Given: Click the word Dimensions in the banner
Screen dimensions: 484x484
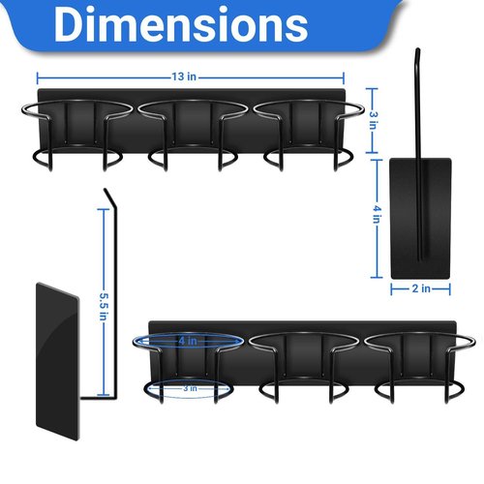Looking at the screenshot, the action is pos(181,25).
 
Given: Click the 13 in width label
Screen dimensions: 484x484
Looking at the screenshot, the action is pos(184,76).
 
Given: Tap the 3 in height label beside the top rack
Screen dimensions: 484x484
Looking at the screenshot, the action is pos(374,120).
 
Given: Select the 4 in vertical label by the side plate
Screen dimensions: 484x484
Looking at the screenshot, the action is pos(377,214).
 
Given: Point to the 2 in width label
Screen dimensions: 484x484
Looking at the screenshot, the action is pos(421,288).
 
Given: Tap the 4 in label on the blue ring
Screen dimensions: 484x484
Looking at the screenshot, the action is pos(188,341).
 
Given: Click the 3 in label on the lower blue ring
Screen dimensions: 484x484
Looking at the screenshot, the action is pos(190,388).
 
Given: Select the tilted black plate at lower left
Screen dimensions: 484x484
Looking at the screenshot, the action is pos(57,361).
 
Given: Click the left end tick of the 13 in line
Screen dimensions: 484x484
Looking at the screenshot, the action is pos(38,78).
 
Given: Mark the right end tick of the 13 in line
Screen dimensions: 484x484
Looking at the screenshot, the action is pos(344,78).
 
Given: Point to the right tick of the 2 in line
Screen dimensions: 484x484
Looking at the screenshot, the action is pos(449,288).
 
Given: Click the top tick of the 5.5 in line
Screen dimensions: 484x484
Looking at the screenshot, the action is pos(104,209).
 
